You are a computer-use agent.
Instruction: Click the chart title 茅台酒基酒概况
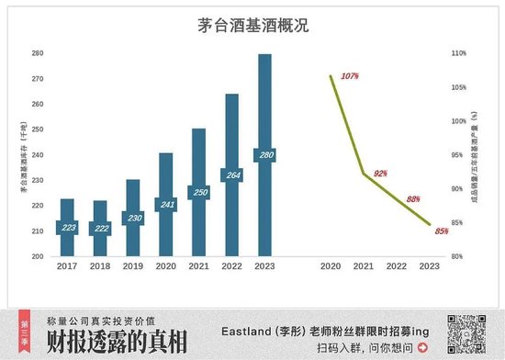coord(252,26)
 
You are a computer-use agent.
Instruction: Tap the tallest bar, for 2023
coord(264,110)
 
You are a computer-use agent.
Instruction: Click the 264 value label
coord(231,175)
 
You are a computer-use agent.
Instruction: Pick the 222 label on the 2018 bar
coord(100,228)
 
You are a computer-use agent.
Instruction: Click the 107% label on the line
coord(348,75)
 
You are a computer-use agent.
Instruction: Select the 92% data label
coord(380,174)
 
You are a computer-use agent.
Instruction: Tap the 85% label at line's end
coord(442,231)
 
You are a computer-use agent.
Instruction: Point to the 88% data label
coord(412,198)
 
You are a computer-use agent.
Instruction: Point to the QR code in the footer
coord(466,332)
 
